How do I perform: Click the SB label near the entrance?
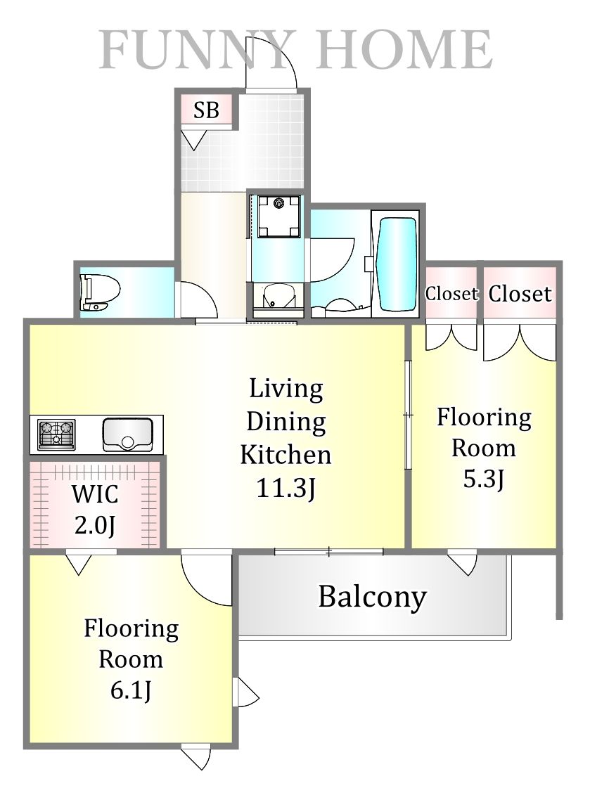point(206,110)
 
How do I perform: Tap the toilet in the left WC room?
point(100,292)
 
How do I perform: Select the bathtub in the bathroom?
point(397,264)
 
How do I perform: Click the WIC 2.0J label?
point(95,510)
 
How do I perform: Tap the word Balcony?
point(372,598)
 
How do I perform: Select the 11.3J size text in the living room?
point(286,488)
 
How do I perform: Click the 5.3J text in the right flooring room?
point(483,479)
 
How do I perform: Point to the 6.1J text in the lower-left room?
point(131,690)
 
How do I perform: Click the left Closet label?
point(451,294)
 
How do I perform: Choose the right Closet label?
point(520,294)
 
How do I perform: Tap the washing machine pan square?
point(278,217)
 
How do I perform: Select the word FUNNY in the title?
point(196,50)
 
